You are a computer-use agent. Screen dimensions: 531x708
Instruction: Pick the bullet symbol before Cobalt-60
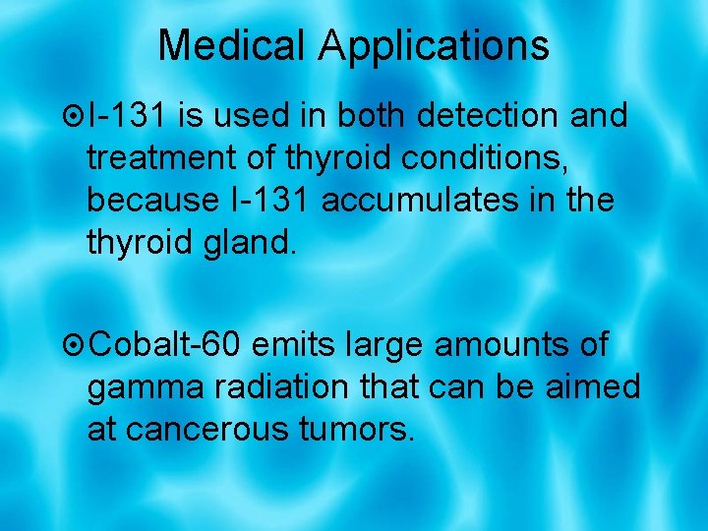[72, 346]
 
